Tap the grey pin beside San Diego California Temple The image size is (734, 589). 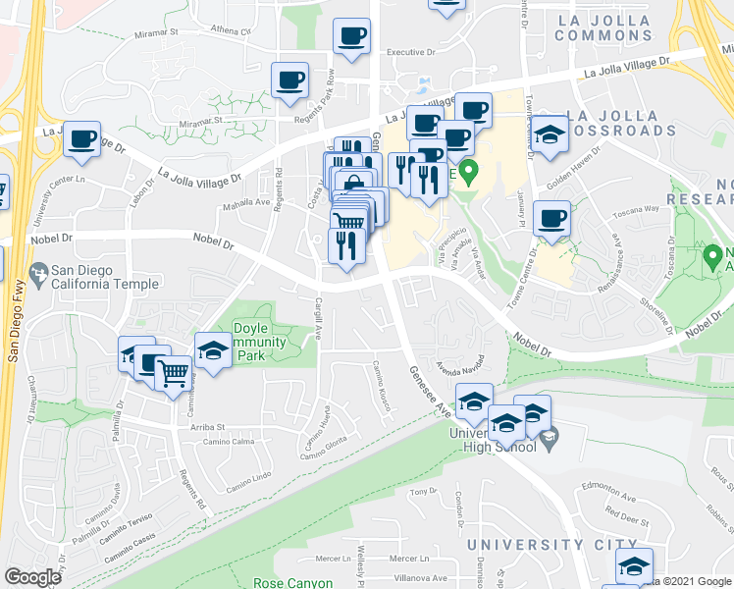coord(39,275)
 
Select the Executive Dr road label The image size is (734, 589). coord(411,52)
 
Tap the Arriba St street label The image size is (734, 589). coord(207,427)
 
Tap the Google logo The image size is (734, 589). coord(32,577)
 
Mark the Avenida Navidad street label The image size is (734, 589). coord(461,362)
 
